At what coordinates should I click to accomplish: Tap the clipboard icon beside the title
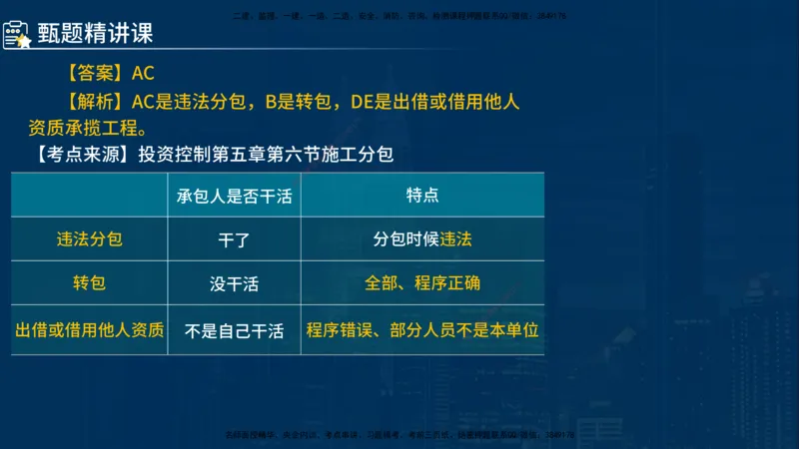[x=16, y=34]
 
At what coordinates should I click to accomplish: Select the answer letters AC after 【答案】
[x=143, y=74]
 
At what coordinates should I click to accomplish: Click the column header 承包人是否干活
[x=235, y=196]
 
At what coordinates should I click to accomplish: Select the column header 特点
[x=422, y=196]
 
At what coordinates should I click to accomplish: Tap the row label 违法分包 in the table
[x=89, y=239]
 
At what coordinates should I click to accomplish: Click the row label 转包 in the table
[x=89, y=283]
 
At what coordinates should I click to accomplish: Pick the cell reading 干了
[x=235, y=240]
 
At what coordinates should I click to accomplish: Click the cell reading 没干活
[x=235, y=284]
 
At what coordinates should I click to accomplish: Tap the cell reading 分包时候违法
[x=422, y=239]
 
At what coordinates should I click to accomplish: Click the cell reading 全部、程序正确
[x=422, y=283]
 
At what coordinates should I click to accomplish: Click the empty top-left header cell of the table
[x=89, y=196]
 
